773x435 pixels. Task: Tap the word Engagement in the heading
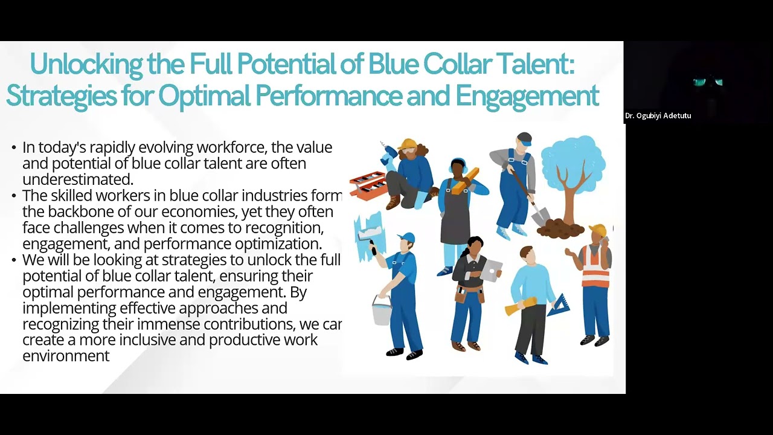tap(527, 95)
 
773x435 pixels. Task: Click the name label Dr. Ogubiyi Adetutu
tap(658, 115)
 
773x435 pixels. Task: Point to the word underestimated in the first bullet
tap(77, 179)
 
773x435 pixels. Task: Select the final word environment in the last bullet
tap(66, 356)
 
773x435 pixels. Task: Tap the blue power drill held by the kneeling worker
tap(386, 155)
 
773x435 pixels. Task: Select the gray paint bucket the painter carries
tap(382, 310)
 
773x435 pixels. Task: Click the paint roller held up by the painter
tap(368, 236)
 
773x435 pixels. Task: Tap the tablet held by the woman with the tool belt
tap(492, 270)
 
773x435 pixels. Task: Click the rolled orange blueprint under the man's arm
tap(521, 306)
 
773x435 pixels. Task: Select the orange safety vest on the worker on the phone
tap(595, 266)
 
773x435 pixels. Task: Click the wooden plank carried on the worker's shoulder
tap(466, 180)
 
